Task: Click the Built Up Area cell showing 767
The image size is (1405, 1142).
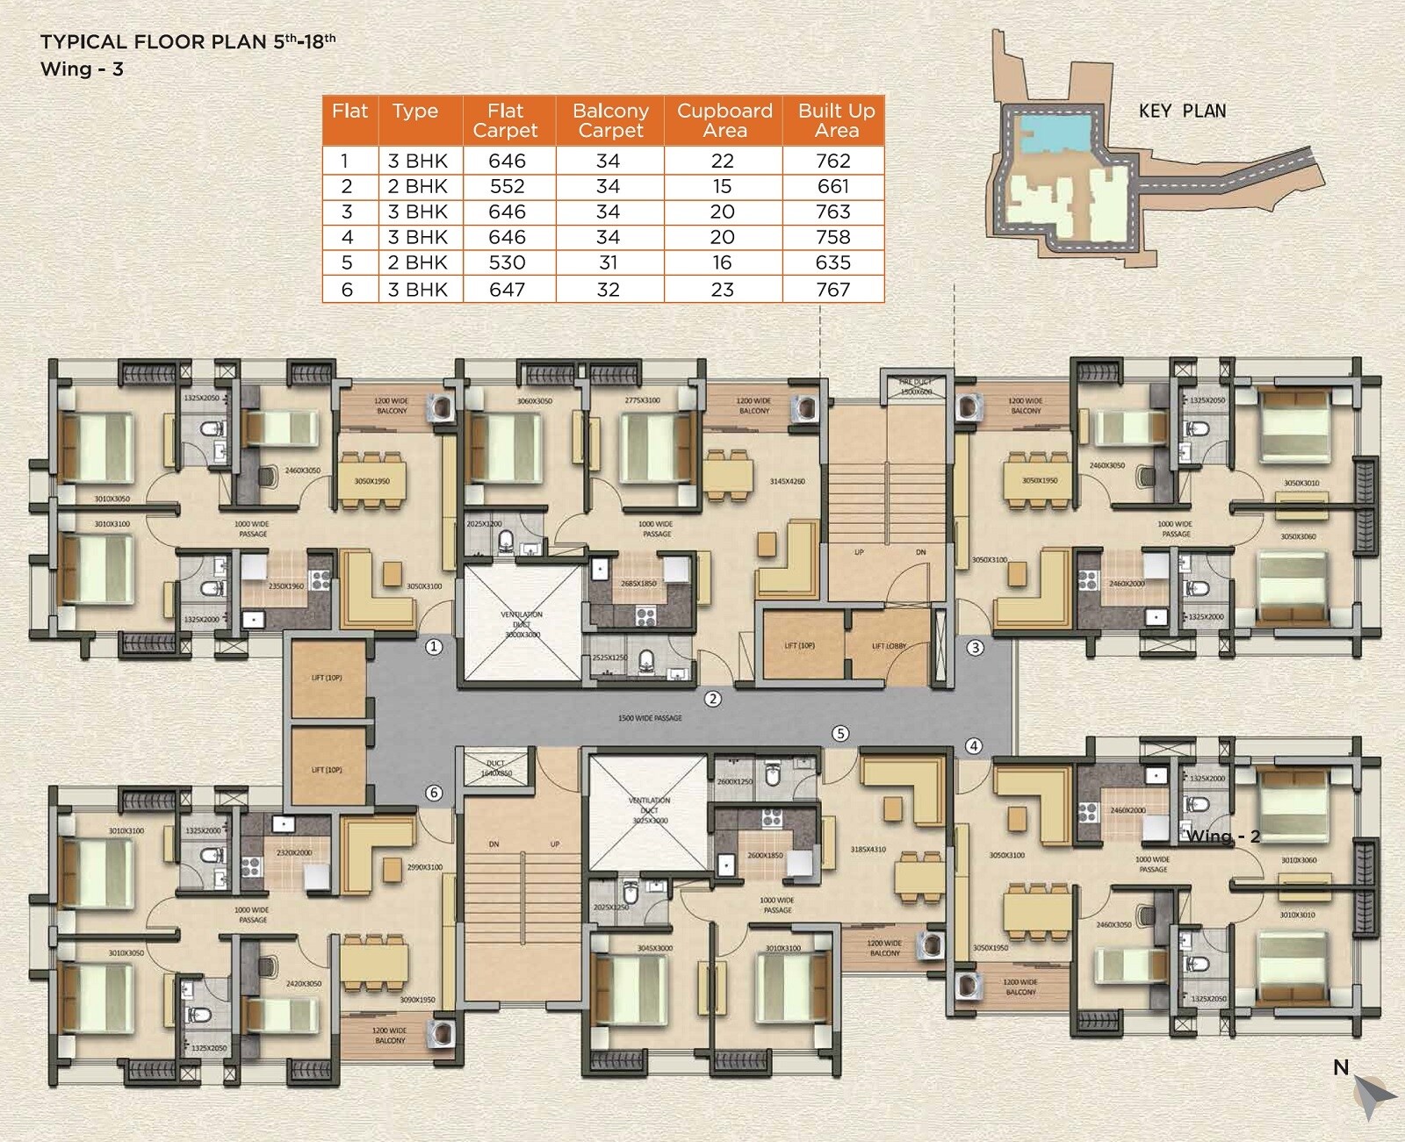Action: tap(832, 290)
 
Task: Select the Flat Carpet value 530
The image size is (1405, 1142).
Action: tap(507, 262)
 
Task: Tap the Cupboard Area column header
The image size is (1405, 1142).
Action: tap(724, 121)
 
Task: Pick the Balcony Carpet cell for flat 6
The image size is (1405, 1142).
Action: tap(608, 290)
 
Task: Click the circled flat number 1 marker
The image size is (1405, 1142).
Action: tap(433, 647)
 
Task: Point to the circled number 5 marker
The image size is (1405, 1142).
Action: tap(840, 733)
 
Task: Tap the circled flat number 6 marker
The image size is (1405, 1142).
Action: tap(434, 793)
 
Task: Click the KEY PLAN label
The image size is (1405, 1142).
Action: tap(1182, 111)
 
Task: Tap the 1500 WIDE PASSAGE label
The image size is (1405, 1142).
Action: tap(650, 718)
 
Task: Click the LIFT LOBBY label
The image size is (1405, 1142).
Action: tap(889, 646)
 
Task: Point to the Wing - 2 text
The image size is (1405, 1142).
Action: tap(1223, 836)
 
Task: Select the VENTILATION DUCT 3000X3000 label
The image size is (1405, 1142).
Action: tap(522, 624)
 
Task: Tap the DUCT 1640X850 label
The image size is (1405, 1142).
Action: tap(496, 768)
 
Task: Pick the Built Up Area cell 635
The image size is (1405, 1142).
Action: tap(832, 262)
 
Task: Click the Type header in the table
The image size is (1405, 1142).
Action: tap(414, 111)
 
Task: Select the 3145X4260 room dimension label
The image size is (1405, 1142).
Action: tap(787, 481)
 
